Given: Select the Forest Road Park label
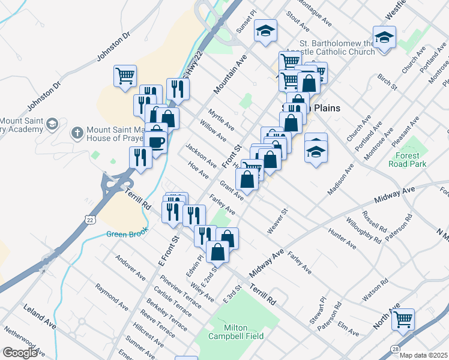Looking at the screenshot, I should [x=407, y=158].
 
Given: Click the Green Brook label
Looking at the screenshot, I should [x=127, y=234].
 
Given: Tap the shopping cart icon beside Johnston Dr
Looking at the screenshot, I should [x=125, y=76].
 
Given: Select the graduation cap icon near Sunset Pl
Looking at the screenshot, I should [x=265, y=31].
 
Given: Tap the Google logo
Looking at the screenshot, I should [x=19, y=353].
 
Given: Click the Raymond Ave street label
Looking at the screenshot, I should [x=112, y=296].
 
